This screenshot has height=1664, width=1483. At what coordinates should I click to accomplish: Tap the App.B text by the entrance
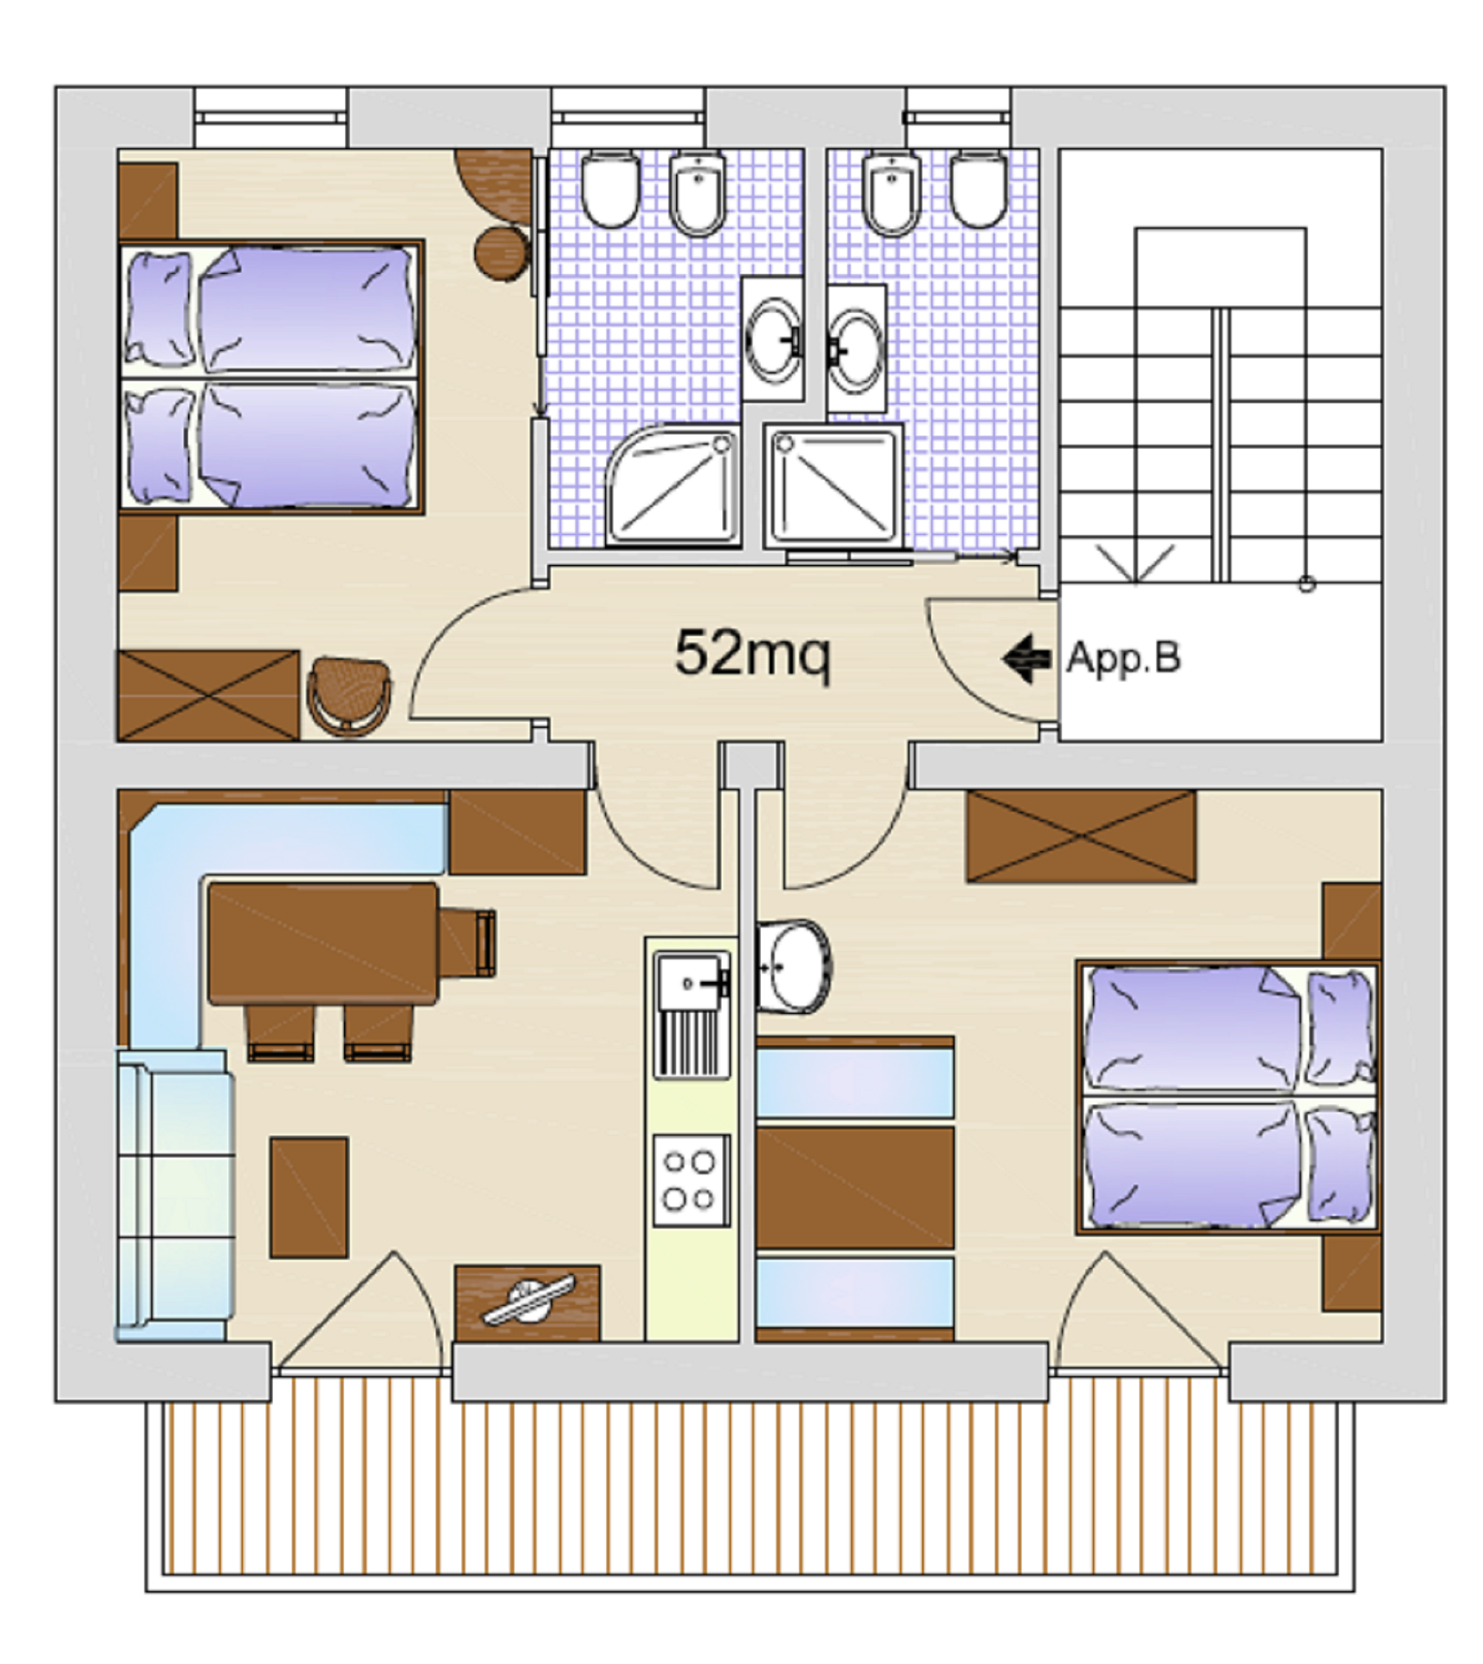click(1122, 658)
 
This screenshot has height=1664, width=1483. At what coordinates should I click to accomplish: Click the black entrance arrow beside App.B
click(1026, 659)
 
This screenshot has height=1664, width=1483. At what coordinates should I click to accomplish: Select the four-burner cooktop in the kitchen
click(690, 1179)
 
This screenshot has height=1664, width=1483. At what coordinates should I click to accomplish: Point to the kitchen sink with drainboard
click(691, 1015)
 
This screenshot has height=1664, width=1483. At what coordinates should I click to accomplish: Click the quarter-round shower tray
click(673, 484)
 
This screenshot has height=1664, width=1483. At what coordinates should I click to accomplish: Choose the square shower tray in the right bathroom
click(833, 485)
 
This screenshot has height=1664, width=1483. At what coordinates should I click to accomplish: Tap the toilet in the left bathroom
click(610, 188)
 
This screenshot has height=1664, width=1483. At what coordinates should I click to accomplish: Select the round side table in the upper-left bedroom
click(501, 252)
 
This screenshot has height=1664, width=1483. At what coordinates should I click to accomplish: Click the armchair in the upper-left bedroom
click(348, 696)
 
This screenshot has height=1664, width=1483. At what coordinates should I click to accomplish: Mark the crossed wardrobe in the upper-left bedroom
click(208, 695)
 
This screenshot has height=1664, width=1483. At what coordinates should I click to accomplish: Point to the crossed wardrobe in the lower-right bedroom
click(1081, 836)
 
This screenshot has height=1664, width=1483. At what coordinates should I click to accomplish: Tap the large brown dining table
click(322, 944)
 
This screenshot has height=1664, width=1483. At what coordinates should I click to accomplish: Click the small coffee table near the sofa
click(309, 1197)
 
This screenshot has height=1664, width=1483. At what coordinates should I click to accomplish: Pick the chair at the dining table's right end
click(468, 942)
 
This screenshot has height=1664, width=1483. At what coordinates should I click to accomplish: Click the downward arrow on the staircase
click(1135, 563)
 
